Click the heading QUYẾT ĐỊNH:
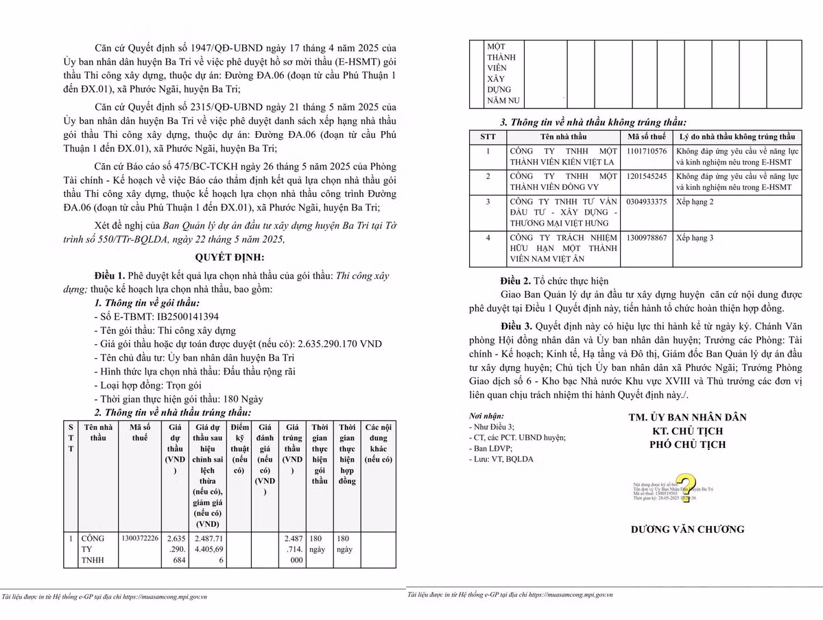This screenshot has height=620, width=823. [230, 257]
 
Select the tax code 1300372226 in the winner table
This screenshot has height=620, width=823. [140, 538]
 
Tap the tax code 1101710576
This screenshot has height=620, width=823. [646, 150]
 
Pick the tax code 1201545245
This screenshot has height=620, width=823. [646, 176]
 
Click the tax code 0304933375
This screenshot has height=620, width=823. [646, 202]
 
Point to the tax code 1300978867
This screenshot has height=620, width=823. [646, 238]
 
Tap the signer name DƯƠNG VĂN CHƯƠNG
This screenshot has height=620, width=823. [688, 529]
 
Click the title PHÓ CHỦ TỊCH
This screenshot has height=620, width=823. [688, 444]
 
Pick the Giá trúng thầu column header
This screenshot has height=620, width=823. [292, 442]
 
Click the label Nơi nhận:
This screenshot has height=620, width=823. [486, 416]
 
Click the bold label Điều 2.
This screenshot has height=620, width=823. [516, 281]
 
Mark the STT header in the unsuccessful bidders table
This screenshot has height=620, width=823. [488, 136]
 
